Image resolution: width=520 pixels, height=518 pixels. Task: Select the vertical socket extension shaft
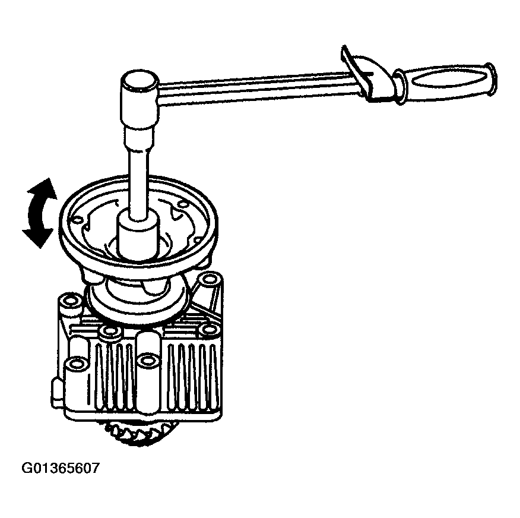click(x=139, y=172)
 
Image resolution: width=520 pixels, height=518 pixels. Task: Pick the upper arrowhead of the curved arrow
click(x=42, y=188)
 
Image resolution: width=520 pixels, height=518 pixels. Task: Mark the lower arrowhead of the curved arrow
click(x=37, y=237)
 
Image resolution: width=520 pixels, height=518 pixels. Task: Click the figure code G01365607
click(x=61, y=468)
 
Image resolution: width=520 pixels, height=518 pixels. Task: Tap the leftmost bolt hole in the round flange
click(x=77, y=220)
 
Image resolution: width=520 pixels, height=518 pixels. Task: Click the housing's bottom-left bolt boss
click(x=77, y=364)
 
